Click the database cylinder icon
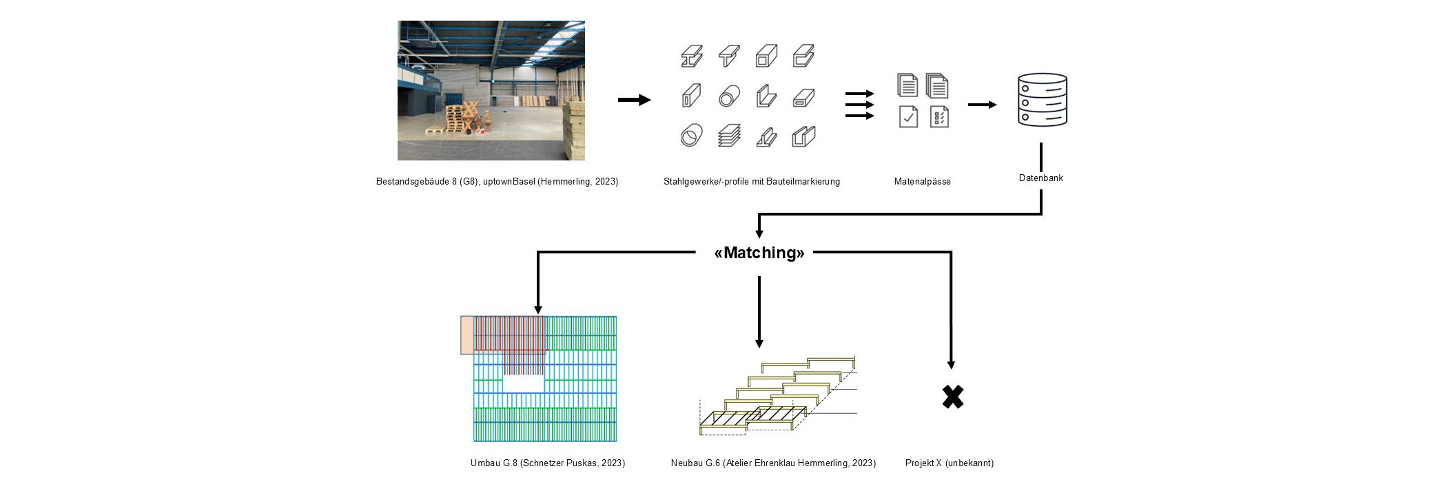[x=1042, y=101]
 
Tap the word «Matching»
[x=759, y=253]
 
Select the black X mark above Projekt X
[x=952, y=397]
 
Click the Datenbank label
[x=1040, y=178]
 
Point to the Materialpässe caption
[x=922, y=182]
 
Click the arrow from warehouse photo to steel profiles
[x=634, y=101]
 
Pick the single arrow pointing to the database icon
[x=982, y=105]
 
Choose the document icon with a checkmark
[x=908, y=117]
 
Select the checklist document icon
[x=938, y=117]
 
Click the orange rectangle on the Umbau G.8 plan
[x=467, y=335]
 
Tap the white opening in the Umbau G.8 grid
[x=523, y=384]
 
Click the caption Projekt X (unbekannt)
[x=949, y=463]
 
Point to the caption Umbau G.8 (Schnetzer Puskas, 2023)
[x=547, y=463]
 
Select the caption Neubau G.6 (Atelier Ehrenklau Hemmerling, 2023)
[x=773, y=463]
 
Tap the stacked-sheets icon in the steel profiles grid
[x=729, y=136]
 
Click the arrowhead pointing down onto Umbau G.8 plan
[x=538, y=309]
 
